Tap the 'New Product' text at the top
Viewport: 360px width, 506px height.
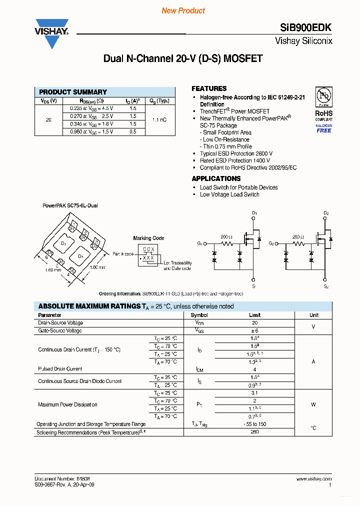tap(183, 10)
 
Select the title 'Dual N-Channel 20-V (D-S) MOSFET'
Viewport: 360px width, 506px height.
tap(183, 58)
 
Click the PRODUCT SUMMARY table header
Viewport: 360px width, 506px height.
tap(73, 92)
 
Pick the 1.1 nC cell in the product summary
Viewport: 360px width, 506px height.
tap(160, 120)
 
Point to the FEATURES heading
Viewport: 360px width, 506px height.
tap(209, 88)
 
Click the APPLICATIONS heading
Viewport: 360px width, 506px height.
tap(216, 178)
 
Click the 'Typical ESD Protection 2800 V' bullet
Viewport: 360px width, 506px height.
tap(236, 153)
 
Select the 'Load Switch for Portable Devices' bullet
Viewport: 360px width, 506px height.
tap(238, 187)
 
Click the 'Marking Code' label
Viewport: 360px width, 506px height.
tap(148, 238)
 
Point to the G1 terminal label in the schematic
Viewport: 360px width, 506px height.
tap(199, 243)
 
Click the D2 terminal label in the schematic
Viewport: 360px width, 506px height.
tap(326, 213)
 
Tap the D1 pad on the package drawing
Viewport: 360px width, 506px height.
tap(63, 243)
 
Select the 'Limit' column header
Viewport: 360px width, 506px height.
tap(254, 315)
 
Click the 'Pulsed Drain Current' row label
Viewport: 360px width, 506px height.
tap(60, 369)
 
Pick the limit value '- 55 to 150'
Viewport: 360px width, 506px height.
tap(254, 424)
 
